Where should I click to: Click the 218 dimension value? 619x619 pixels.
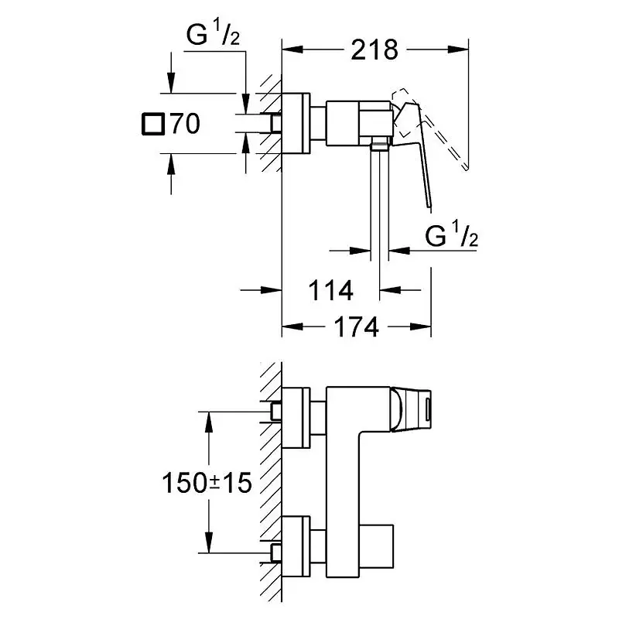(374, 50)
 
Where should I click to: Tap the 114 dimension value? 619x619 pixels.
(330, 291)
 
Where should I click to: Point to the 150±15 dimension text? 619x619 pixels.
(207, 484)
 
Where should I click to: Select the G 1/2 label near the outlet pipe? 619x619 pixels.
(452, 235)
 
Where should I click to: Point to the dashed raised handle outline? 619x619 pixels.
(441, 132)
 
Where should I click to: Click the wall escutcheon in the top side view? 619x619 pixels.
(296, 124)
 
